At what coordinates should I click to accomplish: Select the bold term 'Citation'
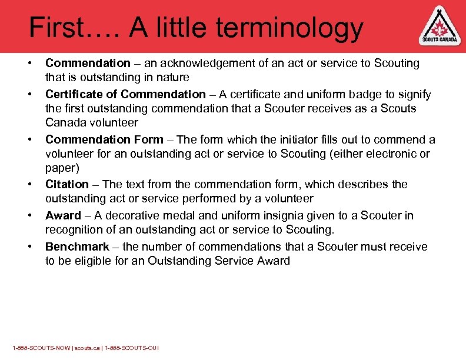pyautogui.click(x=67, y=184)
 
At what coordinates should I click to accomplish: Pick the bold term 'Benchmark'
pyautogui.click(x=77, y=246)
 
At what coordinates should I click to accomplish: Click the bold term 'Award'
pyautogui.click(x=63, y=215)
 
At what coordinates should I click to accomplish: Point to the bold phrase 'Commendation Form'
pyautogui.click(x=104, y=139)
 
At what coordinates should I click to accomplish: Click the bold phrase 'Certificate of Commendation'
pyautogui.click(x=125, y=94)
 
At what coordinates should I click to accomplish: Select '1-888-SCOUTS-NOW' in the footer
pyautogui.click(x=35, y=348)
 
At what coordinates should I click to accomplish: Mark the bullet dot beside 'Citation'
pyautogui.click(x=28, y=184)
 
